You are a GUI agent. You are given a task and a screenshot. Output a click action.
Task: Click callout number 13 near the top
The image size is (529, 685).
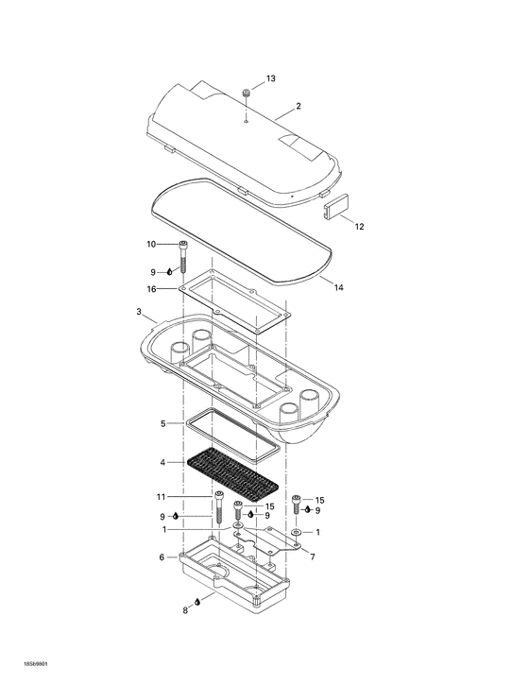(x=271, y=80)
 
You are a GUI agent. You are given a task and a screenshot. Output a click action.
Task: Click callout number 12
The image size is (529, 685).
(x=359, y=227)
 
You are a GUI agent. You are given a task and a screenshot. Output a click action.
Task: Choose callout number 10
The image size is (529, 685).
(x=150, y=245)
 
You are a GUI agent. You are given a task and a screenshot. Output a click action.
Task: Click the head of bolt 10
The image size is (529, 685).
(x=183, y=245)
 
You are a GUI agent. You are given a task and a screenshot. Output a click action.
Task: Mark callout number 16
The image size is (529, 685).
(x=150, y=289)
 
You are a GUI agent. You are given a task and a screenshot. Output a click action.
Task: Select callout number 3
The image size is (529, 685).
(x=139, y=312)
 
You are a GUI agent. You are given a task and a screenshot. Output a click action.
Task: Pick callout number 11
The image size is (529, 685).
(x=161, y=496)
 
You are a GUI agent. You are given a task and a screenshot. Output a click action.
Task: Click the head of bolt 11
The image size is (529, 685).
(x=219, y=495)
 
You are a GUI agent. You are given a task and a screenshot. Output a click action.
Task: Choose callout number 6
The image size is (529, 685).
(x=162, y=557)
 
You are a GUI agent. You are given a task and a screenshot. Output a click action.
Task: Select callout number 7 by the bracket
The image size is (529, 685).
(x=313, y=557)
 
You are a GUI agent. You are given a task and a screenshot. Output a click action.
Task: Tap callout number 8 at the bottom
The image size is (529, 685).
(x=185, y=611)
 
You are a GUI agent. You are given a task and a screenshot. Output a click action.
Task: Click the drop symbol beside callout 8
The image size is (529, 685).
(x=197, y=602)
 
